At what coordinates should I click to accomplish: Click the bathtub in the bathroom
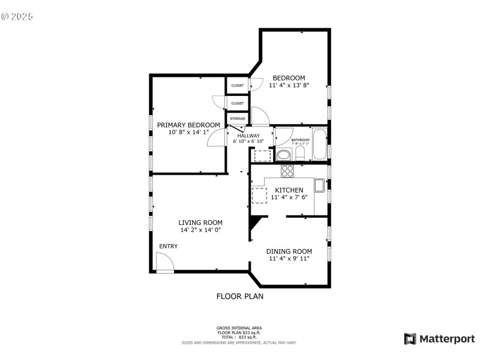coord(319,145)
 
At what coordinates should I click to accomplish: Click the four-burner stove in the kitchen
coord(287,171)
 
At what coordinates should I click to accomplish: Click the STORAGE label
coord(238,119)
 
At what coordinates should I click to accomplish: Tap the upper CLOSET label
coord(238,85)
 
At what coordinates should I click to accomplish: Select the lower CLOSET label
coord(238,103)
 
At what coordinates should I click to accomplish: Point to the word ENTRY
coord(169,247)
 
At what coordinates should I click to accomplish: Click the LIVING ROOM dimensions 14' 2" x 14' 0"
coord(200,230)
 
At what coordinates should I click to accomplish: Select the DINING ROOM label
coord(289,251)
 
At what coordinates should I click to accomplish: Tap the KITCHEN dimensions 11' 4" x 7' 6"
coord(289,197)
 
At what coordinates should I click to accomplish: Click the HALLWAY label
coord(248,136)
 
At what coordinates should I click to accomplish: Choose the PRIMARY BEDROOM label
coord(188,125)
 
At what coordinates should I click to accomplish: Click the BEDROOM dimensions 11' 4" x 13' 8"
coord(289,86)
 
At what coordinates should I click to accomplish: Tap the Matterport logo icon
coord(410,339)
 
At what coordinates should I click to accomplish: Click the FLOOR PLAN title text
coord(239,296)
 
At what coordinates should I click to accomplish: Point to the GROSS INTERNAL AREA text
coord(239,328)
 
